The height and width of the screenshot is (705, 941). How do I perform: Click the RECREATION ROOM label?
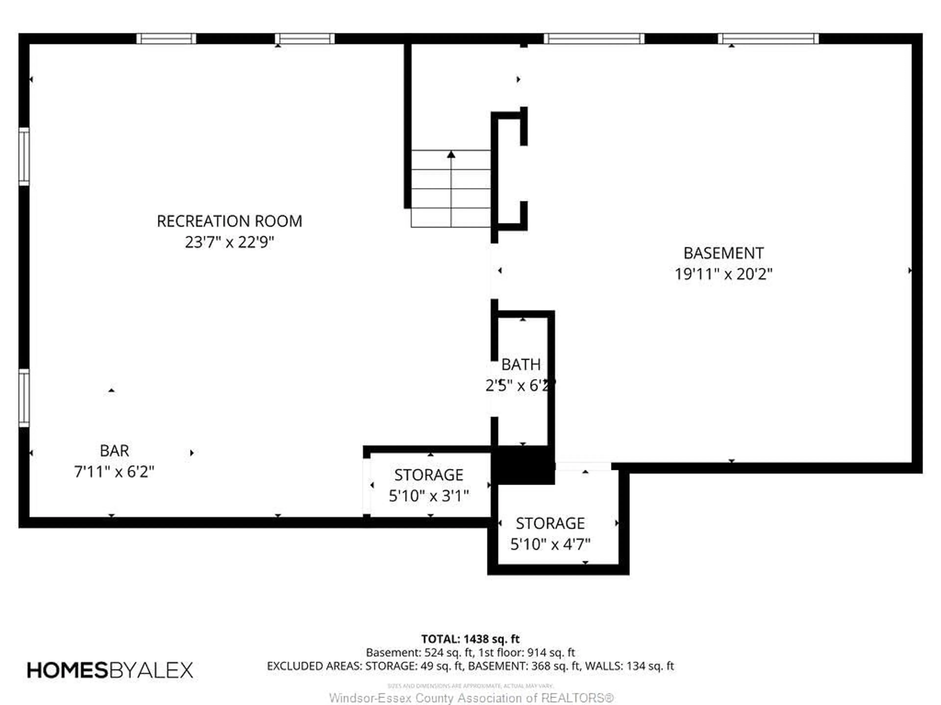pyautogui.click(x=229, y=221)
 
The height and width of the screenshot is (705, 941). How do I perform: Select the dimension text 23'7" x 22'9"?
pyautogui.click(x=229, y=243)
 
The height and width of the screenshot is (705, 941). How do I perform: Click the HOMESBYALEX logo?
pyautogui.click(x=110, y=670)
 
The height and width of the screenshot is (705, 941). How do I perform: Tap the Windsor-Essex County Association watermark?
pyautogui.click(x=471, y=698)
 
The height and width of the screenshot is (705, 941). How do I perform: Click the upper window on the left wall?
pyautogui.click(x=24, y=156)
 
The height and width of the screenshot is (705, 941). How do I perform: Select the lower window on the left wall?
pyautogui.click(x=24, y=398)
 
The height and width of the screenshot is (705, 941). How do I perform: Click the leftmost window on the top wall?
pyautogui.click(x=166, y=39)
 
